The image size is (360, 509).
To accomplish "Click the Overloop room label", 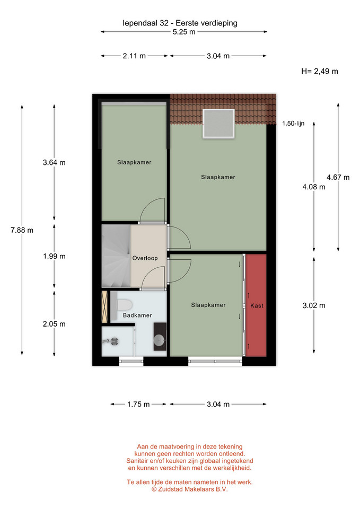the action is click(x=145, y=258).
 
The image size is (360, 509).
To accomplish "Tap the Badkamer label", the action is click(x=137, y=315).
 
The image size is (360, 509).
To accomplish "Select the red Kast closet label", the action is click(x=257, y=305).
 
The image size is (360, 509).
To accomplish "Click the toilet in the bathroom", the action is click(x=124, y=305).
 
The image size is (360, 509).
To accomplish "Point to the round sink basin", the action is click(x=160, y=340).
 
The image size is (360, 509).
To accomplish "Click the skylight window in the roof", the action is click(x=218, y=124).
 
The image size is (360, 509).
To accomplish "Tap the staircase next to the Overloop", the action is click(x=116, y=256).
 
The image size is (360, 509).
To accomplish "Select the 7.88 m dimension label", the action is click(x=22, y=230).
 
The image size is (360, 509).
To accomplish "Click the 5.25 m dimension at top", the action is click(x=184, y=32).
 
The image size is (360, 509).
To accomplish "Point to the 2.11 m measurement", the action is click(x=134, y=56).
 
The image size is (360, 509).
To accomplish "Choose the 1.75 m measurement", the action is click(x=138, y=404).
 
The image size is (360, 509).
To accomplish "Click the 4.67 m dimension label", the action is click(x=338, y=177).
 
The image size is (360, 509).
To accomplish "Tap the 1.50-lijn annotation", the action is click(x=293, y=124).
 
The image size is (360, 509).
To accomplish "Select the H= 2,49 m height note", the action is click(x=319, y=72).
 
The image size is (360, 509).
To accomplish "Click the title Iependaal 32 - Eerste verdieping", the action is click(x=180, y=23).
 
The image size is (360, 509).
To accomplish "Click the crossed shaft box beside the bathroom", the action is click(x=104, y=307).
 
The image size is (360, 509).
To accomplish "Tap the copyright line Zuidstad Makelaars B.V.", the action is click(x=190, y=489).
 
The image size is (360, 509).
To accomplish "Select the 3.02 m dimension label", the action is click(x=314, y=305).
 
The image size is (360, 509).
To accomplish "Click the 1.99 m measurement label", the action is click(x=54, y=256).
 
